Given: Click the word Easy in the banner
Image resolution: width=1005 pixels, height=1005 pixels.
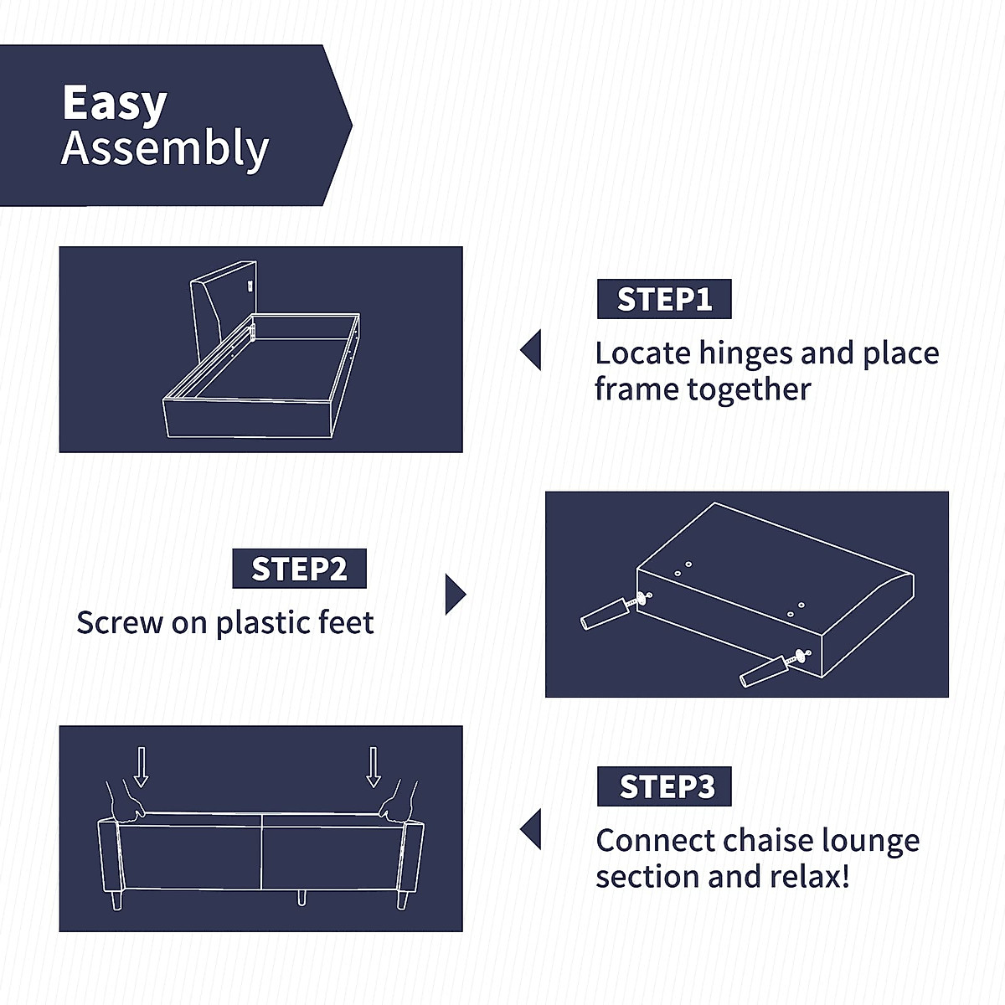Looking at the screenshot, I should pyautogui.click(x=115, y=104).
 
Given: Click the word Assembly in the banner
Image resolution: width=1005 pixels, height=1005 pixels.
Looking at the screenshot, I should pyautogui.click(x=165, y=149).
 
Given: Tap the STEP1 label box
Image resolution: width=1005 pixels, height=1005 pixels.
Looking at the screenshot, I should pyautogui.click(x=664, y=299).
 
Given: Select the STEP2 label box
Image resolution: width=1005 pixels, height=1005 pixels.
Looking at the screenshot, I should pyautogui.click(x=299, y=569).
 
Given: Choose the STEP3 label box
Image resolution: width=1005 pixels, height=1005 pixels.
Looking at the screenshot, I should pyautogui.click(x=664, y=786).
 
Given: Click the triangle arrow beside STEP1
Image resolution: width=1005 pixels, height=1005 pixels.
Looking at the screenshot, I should pyautogui.click(x=531, y=350).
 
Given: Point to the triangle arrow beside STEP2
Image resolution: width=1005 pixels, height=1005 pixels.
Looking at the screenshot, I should pyautogui.click(x=455, y=595).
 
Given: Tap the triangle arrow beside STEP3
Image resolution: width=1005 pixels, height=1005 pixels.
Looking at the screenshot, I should pyautogui.click(x=531, y=830).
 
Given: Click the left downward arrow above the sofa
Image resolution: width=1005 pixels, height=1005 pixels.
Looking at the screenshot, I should pyautogui.click(x=141, y=766).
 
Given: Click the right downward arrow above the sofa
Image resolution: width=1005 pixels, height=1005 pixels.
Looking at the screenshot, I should pyautogui.click(x=374, y=766).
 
